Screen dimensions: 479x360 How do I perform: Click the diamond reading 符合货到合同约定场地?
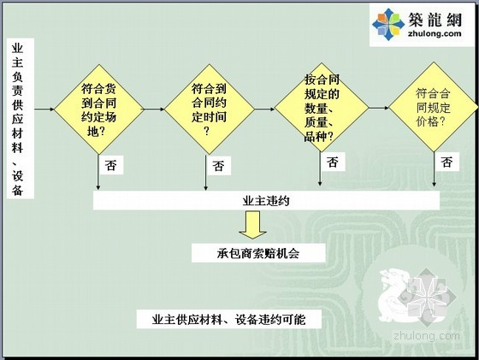point(99,109)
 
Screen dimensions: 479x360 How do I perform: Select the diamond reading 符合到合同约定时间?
point(210,109)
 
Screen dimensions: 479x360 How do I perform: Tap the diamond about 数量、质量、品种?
point(322,108)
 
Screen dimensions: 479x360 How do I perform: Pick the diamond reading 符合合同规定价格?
point(434,107)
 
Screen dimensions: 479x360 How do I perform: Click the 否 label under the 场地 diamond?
point(111,165)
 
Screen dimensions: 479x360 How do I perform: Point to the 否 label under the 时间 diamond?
point(218,166)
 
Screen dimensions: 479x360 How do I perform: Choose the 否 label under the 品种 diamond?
point(333,162)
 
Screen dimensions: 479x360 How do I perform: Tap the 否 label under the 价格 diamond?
point(446,162)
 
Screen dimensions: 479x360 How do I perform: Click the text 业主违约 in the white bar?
point(266,201)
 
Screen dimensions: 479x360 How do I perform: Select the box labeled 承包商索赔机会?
point(258,253)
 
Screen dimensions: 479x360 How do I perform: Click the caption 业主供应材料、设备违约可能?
point(229,320)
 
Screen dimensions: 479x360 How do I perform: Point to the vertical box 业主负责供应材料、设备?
point(21,119)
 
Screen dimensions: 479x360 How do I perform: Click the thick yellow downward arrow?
point(253,225)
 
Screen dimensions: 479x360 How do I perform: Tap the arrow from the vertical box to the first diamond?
point(44,109)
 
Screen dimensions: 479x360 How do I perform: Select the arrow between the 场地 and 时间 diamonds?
point(154,109)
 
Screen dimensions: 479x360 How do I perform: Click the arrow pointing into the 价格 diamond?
point(379,108)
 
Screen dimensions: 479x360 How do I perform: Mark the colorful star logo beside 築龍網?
point(388,25)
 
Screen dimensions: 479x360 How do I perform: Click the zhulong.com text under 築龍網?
point(435,33)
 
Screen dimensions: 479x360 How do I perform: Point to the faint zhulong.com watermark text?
point(427,336)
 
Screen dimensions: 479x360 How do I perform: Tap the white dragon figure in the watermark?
point(394,295)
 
